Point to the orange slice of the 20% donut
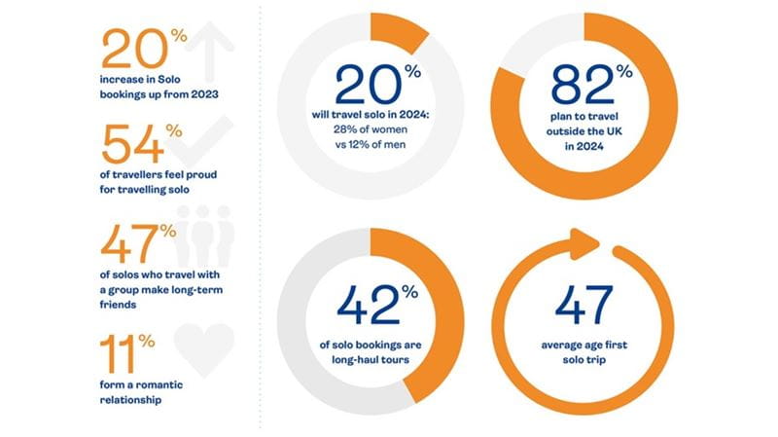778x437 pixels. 405,35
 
